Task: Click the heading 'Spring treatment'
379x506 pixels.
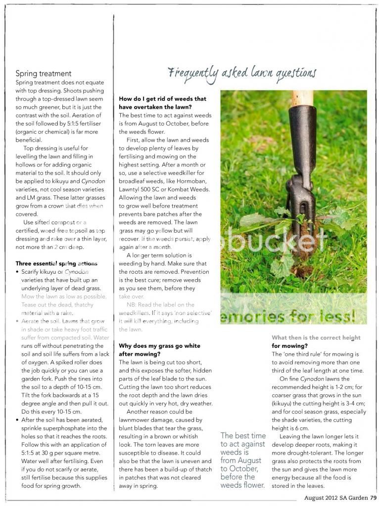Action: click(x=44, y=74)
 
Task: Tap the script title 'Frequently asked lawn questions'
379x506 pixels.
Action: click(x=242, y=73)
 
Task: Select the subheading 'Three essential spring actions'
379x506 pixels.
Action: click(x=56, y=263)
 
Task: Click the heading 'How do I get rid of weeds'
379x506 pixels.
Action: click(x=162, y=102)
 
